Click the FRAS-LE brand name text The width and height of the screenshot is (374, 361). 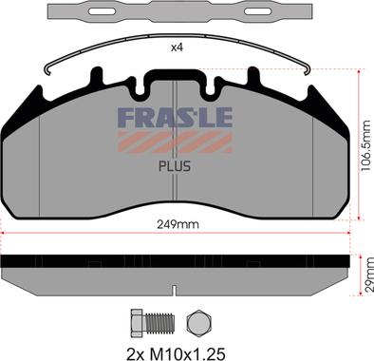point(176,119)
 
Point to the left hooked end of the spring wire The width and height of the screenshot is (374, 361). point(48,68)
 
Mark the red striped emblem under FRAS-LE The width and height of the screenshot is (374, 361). point(176,141)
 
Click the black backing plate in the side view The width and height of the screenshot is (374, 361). point(177,261)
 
